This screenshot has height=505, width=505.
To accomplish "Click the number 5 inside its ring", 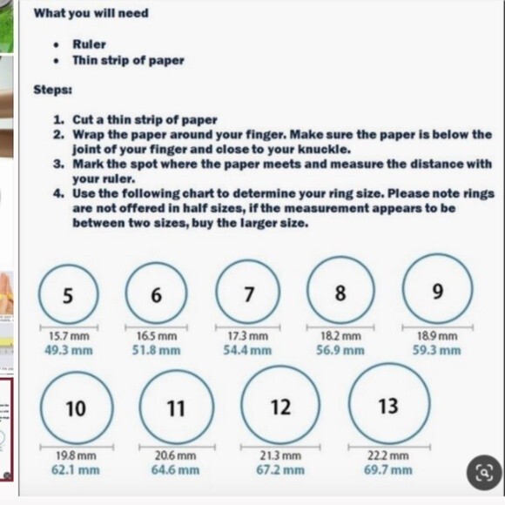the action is coord(68,295).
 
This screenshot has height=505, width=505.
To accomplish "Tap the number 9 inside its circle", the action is coord(438,291).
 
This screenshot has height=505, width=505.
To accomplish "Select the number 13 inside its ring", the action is coord(388,406).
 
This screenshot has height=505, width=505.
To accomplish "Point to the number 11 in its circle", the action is coord(176,408).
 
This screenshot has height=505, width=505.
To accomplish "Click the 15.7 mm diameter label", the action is coord(69,336).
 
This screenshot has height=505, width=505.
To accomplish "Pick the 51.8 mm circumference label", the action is coord(156,350).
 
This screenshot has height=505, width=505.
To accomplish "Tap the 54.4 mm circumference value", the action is coord(247,350).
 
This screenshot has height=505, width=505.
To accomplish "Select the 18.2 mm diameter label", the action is coord(340,336).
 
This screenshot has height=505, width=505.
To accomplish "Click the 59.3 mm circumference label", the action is coord(437,350).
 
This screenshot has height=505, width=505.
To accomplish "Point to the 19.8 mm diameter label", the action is coord(76,455).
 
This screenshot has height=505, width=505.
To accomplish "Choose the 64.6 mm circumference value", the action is coord(176,470).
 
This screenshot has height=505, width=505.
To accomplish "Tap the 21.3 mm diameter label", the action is coord(280,455).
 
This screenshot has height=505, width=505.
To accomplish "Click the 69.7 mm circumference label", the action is coord(388,470).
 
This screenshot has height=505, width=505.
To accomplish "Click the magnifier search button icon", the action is coord(484,472).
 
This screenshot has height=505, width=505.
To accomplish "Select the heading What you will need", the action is coord(91,13).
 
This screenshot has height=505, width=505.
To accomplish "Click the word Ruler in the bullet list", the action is coord(89,44).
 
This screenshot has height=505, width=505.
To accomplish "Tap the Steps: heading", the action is coord(53,90).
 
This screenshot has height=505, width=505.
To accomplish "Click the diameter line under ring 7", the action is coord(247,327).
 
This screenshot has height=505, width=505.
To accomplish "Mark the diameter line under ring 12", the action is coord(280,447).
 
